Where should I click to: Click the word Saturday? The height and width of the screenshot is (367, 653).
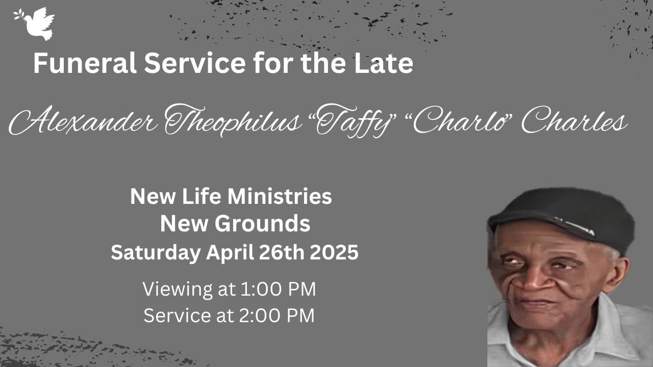pos(155,253)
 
